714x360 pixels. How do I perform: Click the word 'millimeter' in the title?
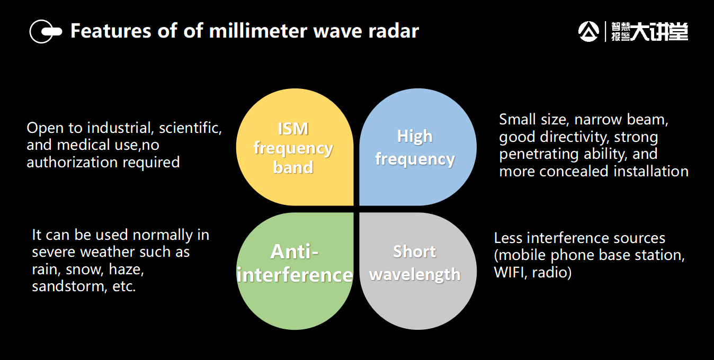[258, 31]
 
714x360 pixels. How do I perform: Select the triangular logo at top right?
[588, 31]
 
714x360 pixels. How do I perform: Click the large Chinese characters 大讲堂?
[659, 32]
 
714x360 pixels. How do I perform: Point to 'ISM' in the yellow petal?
[293, 129]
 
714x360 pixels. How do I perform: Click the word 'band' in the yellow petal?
[293, 167]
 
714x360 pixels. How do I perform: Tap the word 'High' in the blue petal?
[415, 137]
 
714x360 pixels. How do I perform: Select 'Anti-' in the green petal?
[294, 251]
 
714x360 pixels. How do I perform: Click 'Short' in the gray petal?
[414, 251]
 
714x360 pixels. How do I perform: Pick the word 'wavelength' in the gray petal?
[415, 275]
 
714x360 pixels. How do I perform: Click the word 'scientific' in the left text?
[190, 128]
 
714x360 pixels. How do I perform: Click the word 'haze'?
[126, 269]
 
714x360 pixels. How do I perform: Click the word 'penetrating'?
[539, 154]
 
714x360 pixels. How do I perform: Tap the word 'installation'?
[651, 172]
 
